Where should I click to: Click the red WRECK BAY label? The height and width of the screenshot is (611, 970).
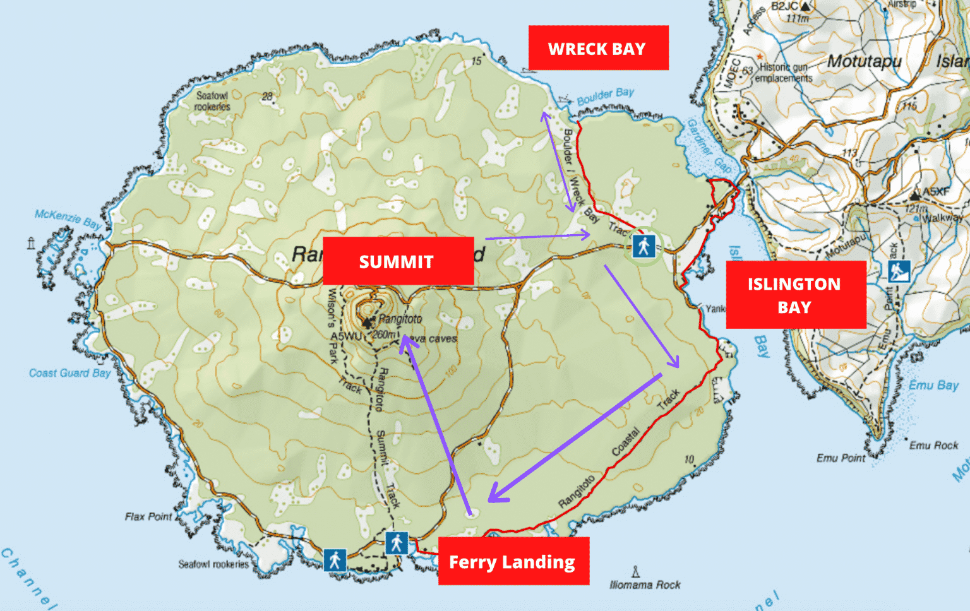tap(598, 48)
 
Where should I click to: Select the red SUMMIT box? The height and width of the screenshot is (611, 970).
tap(398, 261)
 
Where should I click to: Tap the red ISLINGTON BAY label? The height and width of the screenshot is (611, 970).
tap(795, 295)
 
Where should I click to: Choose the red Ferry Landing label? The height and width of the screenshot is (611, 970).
tap(513, 561)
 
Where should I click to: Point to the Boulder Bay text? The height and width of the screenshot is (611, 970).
tap(605, 97)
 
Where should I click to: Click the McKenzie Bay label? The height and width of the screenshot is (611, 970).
tap(68, 218)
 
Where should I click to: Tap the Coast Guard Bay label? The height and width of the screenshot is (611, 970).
tap(69, 373)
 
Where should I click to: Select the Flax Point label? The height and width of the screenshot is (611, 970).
tap(148, 516)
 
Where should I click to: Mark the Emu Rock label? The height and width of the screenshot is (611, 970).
tap(933, 446)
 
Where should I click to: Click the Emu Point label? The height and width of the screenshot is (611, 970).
tap(841, 458)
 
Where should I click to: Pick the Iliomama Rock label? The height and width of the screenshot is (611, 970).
tap(645, 584)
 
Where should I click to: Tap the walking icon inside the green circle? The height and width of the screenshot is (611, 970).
tap(644, 246)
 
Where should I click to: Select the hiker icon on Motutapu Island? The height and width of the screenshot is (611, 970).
tap(899, 271)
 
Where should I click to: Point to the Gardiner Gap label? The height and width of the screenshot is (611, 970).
tap(710, 146)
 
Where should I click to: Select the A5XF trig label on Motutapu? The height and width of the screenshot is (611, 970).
tap(935, 191)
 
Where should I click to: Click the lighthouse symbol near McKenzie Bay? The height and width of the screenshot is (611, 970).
tap(31, 243)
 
